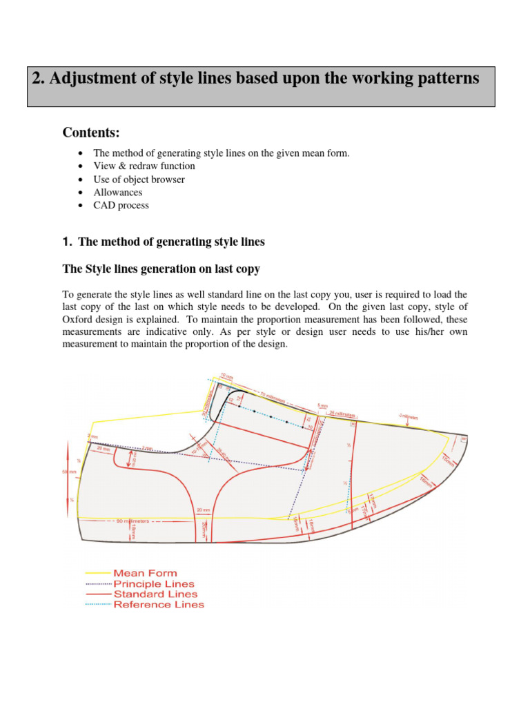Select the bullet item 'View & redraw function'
144,166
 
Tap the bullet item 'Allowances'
118,192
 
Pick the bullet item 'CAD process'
121,205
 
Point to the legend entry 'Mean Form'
145,573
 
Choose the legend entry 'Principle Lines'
154,583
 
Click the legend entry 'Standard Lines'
155,594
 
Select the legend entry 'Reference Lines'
159,604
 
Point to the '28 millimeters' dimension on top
342,415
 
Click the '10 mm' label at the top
227,376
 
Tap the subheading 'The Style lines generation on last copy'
161,269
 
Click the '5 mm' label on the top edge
323,406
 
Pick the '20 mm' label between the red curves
203,510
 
